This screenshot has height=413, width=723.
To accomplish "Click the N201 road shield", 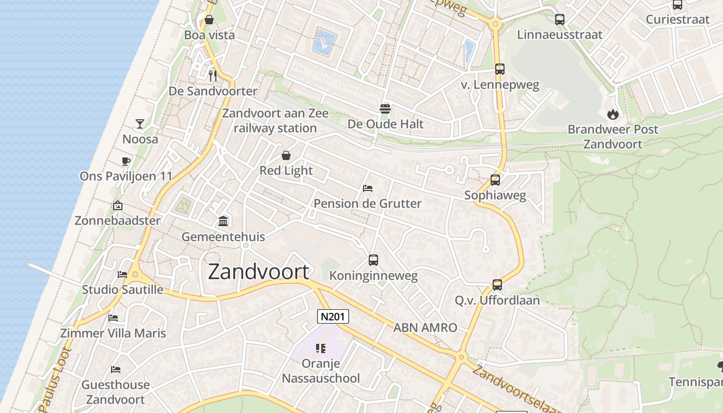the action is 333,316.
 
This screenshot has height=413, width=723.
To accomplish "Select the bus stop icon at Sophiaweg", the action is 495,180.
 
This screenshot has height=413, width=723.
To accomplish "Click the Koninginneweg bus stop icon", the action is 373,260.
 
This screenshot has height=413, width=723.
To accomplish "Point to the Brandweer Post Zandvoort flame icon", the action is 613,114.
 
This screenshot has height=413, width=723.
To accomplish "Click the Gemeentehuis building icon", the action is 223,221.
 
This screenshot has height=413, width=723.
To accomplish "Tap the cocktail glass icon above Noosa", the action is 140,123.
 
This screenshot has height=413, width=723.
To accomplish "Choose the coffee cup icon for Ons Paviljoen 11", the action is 125,161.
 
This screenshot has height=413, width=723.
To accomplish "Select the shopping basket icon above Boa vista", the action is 209,20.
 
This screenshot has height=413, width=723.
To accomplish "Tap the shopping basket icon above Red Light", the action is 286,155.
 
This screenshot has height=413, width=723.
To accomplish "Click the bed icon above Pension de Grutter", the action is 368,188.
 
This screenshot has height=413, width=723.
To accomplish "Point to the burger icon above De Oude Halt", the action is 385,109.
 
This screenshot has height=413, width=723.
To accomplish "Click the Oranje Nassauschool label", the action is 321,371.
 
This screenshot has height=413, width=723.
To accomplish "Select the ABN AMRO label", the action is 425,327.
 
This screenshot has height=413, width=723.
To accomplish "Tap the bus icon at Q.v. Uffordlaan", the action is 497,285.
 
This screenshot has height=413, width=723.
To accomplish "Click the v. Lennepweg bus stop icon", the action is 499,69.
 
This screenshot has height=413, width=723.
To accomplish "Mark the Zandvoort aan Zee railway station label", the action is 275,120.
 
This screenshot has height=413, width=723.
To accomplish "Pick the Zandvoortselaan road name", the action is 516,388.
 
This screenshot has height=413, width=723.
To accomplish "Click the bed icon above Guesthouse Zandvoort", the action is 116,370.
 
